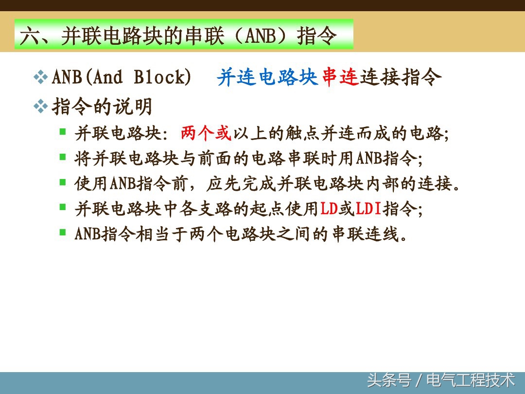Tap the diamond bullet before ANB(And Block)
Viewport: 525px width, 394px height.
(40, 77)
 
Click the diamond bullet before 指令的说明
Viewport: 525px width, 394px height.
(40, 106)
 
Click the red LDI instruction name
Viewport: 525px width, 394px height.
(368, 209)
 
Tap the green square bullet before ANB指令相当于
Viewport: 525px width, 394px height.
(63, 232)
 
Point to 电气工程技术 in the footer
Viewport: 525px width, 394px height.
(470, 379)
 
